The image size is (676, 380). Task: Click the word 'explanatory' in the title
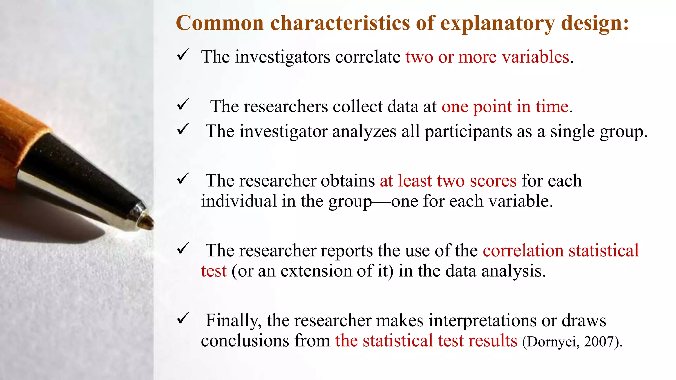497,24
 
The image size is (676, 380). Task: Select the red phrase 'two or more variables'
488,57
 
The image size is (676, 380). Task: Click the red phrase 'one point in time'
505,107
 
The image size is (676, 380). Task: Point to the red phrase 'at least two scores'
448,181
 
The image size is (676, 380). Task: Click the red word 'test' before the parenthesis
214,271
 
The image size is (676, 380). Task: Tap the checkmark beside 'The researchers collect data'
183,105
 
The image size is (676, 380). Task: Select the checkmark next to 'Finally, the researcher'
183,318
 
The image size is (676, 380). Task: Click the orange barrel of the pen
17,132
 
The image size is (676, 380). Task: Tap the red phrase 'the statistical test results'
426,341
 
